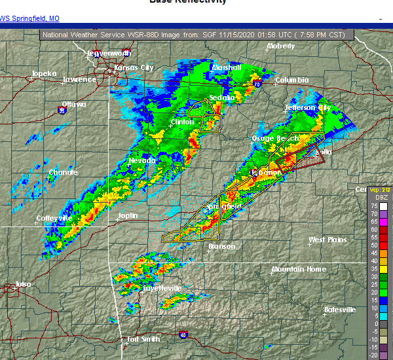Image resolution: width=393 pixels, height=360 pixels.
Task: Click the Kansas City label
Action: pos(134,67)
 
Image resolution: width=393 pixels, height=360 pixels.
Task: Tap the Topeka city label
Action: pos(45,73)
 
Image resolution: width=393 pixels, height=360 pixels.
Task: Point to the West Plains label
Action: pos(327,240)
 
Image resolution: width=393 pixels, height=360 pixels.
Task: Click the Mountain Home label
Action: pos(298,269)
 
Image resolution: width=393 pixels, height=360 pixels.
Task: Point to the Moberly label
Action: pos(280,46)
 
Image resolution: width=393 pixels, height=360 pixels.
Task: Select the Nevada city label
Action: pos(142,160)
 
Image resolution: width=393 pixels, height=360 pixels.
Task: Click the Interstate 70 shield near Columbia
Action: pos(257,84)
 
